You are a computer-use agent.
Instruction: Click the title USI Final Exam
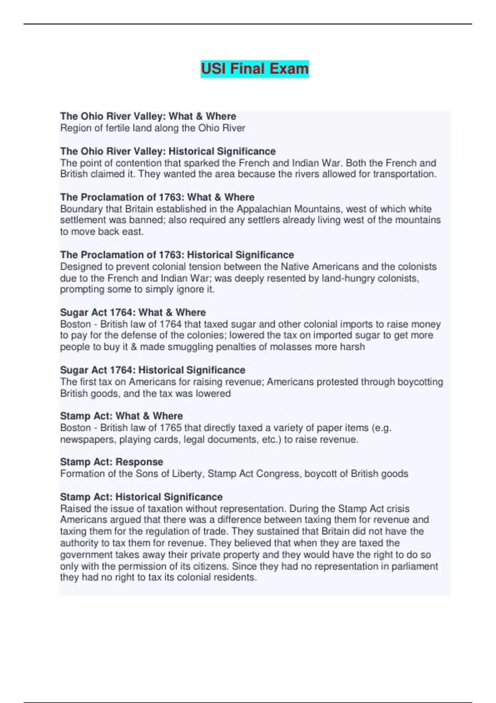[x=255, y=69]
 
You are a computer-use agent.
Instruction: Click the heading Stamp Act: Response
[x=112, y=462]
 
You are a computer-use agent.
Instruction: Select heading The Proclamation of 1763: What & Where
[x=157, y=197]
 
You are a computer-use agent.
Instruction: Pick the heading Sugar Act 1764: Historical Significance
[x=153, y=370]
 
